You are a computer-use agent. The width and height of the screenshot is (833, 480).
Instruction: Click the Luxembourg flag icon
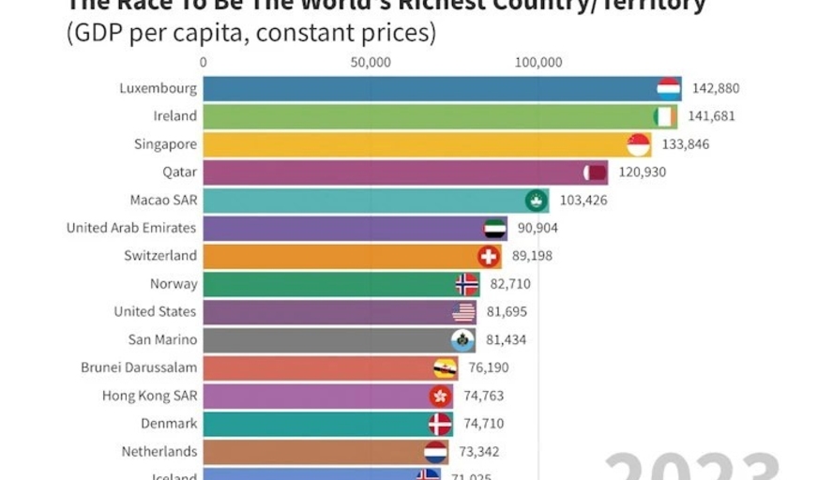click(x=669, y=89)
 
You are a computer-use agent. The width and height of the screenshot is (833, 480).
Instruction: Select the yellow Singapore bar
click(x=413, y=144)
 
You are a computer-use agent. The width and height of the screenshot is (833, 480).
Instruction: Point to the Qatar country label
click(x=179, y=172)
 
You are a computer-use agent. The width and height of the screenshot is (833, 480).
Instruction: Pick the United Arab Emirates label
click(x=131, y=228)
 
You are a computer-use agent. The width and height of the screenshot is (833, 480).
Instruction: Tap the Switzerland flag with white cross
click(x=489, y=256)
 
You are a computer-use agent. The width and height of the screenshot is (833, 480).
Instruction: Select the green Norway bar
click(x=328, y=284)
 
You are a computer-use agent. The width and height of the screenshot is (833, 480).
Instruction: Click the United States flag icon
click(x=464, y=312)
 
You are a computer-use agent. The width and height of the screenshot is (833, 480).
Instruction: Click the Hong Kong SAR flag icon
click(x=440, y=396)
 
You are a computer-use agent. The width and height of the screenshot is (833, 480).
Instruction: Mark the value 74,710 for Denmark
click(x=484, y=424)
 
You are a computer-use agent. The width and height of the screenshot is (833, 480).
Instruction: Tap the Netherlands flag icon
click(x=435, y=452)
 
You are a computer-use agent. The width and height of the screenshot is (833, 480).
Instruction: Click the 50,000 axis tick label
click(x=371, y=63)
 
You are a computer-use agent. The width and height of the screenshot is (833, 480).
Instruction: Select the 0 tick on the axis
click(x=204, y=63)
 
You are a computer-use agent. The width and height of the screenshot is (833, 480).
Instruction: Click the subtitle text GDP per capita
click(x=250, y=35)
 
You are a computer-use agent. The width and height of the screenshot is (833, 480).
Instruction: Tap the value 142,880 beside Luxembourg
click(x=716, y=89)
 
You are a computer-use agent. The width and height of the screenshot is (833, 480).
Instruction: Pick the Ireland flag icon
click(x=665, y=116)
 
